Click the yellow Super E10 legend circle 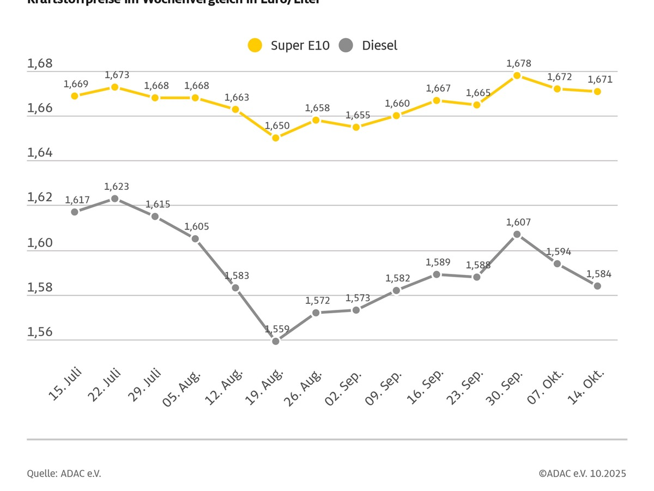[255, 45]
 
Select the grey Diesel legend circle [346, 45]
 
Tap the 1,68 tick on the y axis [40, 64]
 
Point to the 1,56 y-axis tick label [40, 332]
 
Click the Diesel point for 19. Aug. [276, 341]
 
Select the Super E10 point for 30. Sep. [517, 75]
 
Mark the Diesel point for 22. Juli [115, 199]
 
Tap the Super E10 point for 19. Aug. [276, 138]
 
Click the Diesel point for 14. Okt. [597, 286]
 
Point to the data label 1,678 [518, 63]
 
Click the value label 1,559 [277, 329]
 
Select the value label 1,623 [117, 187]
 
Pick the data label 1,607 [518, 222]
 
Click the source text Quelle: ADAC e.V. [64, 474]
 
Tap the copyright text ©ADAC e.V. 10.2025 [582, 474]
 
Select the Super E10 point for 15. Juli [75, 95]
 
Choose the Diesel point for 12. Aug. [235, 288]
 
